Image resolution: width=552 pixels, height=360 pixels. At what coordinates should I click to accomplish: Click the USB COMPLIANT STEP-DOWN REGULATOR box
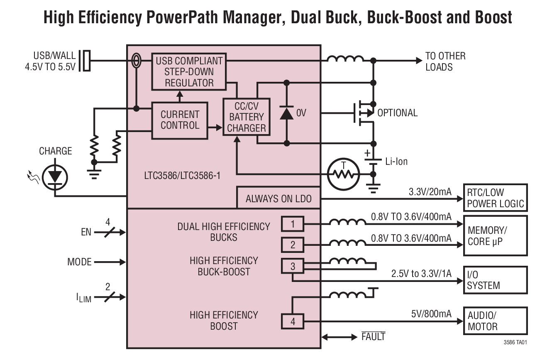[189, 71]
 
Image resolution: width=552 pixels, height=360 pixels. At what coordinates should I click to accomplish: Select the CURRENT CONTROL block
[180, 120]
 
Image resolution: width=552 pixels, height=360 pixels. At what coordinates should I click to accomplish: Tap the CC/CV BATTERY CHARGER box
[247, 117]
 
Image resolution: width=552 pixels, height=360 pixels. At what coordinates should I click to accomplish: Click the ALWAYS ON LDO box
[278, 198]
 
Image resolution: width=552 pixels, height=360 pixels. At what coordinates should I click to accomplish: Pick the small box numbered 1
[293, 224]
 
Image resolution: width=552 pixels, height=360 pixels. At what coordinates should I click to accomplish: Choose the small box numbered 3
[293, 266]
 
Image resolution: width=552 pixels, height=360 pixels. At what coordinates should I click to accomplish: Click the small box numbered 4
[293, 321]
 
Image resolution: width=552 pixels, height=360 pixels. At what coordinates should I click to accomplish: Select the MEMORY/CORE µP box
[495, 235]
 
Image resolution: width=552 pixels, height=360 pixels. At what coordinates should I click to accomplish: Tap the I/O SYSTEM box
[495, 280]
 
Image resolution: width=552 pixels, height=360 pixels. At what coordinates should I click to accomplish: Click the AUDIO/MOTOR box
[495, 321]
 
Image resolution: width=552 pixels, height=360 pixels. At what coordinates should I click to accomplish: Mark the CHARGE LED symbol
[55, 177]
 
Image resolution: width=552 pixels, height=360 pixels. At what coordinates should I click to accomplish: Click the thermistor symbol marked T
[343, 173]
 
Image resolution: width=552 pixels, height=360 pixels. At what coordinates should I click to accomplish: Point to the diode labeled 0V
[286, 113]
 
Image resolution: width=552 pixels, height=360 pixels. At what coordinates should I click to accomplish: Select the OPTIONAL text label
[397, 113]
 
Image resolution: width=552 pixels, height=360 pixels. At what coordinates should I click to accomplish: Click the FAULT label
[373, 336]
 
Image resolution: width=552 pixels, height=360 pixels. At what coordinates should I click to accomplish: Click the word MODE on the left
[79, 262]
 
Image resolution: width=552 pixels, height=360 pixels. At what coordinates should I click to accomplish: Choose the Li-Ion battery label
[396, 162]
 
